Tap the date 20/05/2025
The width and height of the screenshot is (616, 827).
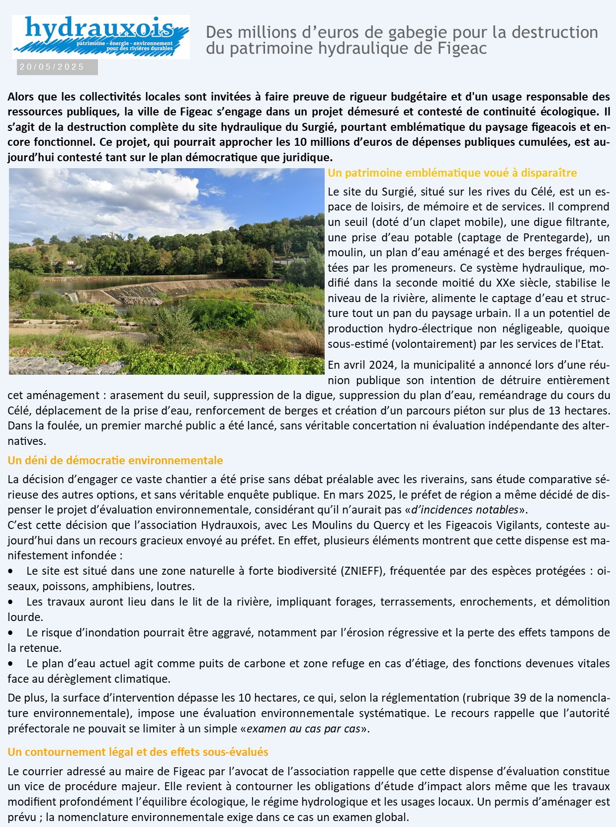[x=52, y=67]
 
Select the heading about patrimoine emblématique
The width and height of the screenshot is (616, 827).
[x=452, y=173]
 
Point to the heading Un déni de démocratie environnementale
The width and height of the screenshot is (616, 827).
[x=115, y=460]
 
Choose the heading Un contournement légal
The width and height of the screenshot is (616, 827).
[x=138, y=752]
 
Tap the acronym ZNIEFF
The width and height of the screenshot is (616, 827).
[x=363, y=571]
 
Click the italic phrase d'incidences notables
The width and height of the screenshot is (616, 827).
[x=465, y=510]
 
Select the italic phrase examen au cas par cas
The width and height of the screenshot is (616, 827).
[x=303, y=728]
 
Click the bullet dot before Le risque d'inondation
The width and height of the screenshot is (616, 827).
[x=11, y=633]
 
